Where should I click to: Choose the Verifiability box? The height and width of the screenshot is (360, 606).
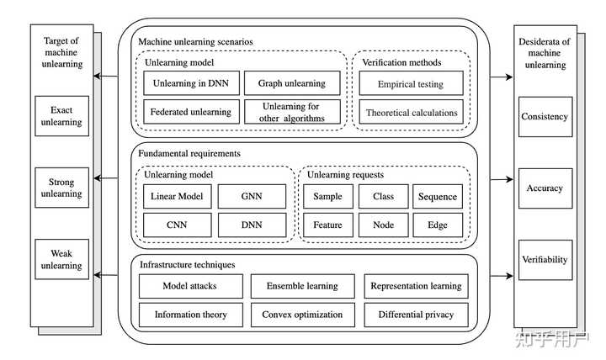pyautogui.click(x=545, y=260)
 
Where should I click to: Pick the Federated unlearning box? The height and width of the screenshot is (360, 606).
pyautogui.click(x=191, y=112)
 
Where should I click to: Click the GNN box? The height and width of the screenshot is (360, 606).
pyautogui.click(x=251, y=197)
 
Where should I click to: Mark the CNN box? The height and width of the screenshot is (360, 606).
pyautogui.click(x=176, y=225)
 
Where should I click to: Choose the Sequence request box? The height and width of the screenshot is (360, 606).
pyautogui.click(x=437, y=197)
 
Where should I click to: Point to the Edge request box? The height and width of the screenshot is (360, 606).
pyautogui.click(x=437, y=225)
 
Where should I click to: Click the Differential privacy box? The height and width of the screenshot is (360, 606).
pyautogui.click(x=417, y=315)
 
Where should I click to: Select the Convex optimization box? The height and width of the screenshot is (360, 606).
pyautogui.click(x=302, y=315)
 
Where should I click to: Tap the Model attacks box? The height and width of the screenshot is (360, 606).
pyautogui.click(x=189, y=286)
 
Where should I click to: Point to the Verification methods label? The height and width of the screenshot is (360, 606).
pyautogui.click(x=401, y=62)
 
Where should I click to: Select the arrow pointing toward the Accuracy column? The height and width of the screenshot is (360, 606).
pyautogui.click(x=497, y=179)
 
